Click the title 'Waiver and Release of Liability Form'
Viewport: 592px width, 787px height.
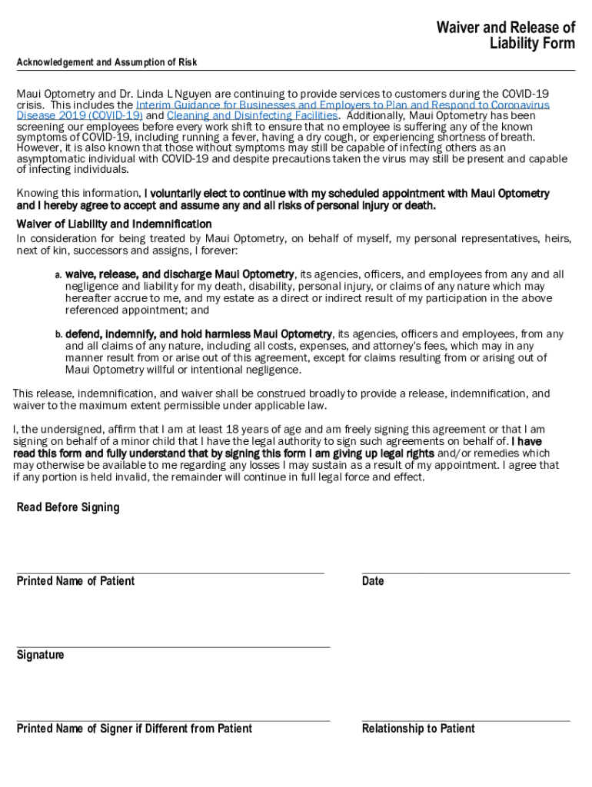(x=505, y=35)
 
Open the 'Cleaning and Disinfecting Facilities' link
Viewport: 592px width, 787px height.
(x=251, y=115)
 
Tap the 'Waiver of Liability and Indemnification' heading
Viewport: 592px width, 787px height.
(x=114, y=224)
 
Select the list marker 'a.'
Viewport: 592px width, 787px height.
(x=58, y=274)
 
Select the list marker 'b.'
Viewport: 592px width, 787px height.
(x=58, y=334)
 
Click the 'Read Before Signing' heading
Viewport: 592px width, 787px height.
(x=68, y=507)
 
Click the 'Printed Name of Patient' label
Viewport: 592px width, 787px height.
(x=75, y=581)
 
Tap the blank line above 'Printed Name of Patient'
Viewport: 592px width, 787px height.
(x=170, y=573)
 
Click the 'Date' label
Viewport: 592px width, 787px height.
(x=373, y=581)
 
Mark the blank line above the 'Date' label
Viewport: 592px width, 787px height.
(x=466, y=573)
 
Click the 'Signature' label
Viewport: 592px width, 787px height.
(x=40, y=655)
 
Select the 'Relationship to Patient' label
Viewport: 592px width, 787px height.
(x=418, y=729)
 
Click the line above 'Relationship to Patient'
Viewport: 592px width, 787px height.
(x=466, y=721)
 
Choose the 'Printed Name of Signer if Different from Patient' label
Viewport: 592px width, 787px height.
(x=135, y=729)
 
